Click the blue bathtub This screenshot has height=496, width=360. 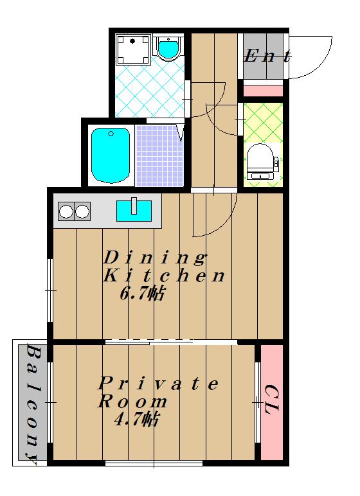coord(111,155)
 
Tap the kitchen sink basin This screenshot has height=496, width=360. coord(134,211)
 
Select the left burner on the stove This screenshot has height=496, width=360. coord(66,211)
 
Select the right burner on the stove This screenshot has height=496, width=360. coord(82,211)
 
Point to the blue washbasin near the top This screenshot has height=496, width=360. coord(168,48)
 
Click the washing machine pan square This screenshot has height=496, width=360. coord(132,49)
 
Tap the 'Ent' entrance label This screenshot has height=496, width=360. coord(267,57)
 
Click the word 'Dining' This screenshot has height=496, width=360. coord(154,258)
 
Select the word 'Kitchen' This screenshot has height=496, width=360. coord(164,275)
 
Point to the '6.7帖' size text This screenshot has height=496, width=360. coord(142,294)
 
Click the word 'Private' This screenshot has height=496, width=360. coord(158,384)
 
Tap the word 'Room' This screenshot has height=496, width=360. coord(132,402)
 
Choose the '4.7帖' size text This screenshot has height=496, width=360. coord(136,420)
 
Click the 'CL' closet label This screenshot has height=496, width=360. coord(272,400)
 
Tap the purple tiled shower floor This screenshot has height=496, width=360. coord(159,155)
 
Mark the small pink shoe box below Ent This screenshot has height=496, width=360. coord(262,91)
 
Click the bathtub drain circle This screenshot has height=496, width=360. coord(111,134)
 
